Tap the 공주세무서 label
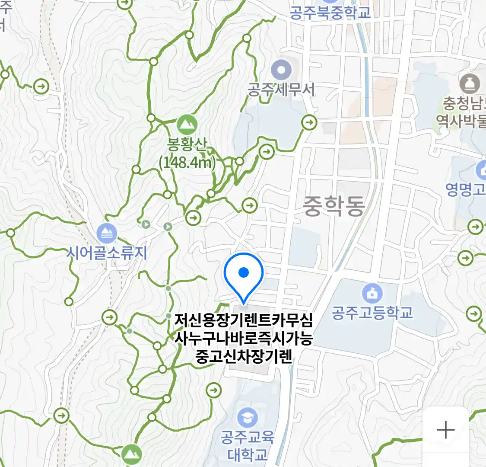[281, 90]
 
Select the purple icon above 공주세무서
[281, 69]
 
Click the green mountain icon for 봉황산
[187, 125]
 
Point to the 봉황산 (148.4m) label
[187, 154]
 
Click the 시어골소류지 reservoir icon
[106, 233]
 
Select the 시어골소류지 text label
[107, 253]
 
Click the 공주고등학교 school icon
[372, 293]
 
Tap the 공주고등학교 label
[372, 312]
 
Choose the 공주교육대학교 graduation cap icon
[248, 417]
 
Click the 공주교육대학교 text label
[248, 445]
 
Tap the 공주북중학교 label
[330, 12]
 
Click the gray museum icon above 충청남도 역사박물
[470, 83]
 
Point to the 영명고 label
[466, 189]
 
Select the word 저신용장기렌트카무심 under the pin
[243, 320]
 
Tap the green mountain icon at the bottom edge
[131, 454]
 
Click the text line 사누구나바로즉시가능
[243, 338]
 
